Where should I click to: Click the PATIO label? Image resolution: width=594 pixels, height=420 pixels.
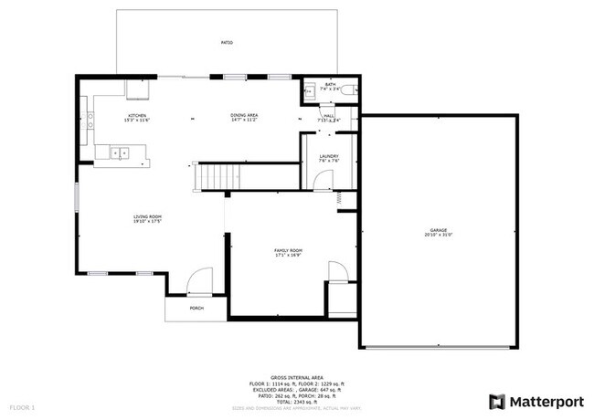226,43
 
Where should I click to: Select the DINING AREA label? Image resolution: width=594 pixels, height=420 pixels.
244,115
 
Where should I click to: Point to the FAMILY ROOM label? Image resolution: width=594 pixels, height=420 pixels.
289,250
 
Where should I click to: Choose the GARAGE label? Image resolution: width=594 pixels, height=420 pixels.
440,229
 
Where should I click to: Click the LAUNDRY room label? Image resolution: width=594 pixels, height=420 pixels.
329,156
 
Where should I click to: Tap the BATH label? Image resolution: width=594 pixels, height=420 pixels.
330,84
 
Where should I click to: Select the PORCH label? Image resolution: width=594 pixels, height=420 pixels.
196,309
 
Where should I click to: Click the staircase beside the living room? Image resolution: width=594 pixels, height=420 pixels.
220,175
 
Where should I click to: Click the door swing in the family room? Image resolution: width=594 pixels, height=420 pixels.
336,272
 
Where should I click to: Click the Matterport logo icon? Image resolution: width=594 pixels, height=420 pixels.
497,401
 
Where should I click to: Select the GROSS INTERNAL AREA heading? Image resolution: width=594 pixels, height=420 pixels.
296,376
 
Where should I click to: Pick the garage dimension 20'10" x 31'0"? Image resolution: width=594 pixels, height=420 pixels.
440,236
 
